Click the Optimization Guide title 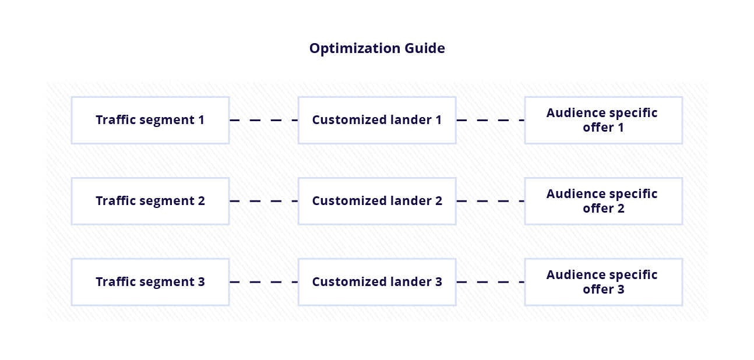click(377, 48)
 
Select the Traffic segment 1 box click(150, 120)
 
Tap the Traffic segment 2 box click(150, 201)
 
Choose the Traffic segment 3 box click(150, 282)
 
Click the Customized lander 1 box click(376, 120)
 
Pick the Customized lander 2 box click(376, 201)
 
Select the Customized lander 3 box click(376, 282)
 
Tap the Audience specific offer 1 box click(603, 120)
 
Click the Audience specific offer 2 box click(603, 201)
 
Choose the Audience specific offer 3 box click(603, 282)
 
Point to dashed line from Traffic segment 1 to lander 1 click(263, 121)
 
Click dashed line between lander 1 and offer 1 click(490, 121)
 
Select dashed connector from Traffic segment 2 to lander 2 click(263, 202)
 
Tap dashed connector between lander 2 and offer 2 click(490, 202)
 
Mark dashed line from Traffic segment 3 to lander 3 click(263, 283)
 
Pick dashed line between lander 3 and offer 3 click(490, 283)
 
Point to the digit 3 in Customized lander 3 click(438, 282)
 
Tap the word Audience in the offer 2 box click(573, 194)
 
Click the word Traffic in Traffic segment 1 click(113, 120)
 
